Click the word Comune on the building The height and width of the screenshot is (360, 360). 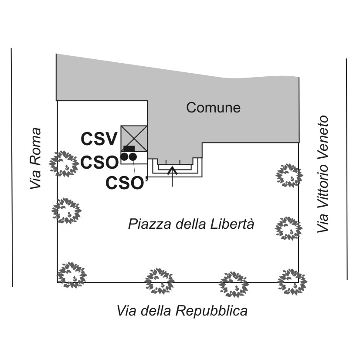213,108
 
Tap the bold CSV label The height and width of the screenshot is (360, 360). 99,139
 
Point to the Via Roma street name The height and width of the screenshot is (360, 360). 36,158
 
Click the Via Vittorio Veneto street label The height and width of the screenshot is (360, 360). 323,174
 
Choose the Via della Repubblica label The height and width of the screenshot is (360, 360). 182,311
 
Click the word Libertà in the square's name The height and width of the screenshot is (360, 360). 232,224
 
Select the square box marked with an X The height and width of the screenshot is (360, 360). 134,139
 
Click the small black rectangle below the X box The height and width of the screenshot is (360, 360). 129,149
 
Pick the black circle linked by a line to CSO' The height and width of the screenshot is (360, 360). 132,157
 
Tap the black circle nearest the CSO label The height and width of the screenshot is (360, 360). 125,157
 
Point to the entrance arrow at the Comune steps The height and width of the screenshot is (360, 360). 172,177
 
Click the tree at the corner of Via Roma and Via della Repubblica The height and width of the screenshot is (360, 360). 71,275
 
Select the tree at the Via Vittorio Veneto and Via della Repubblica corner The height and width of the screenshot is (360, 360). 292,282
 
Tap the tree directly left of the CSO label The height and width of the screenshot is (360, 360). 64,164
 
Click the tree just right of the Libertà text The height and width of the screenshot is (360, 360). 289,228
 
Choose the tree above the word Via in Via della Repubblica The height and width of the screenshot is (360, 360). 160,281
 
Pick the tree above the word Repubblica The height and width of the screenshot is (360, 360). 234,285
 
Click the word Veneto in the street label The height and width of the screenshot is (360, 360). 323,132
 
